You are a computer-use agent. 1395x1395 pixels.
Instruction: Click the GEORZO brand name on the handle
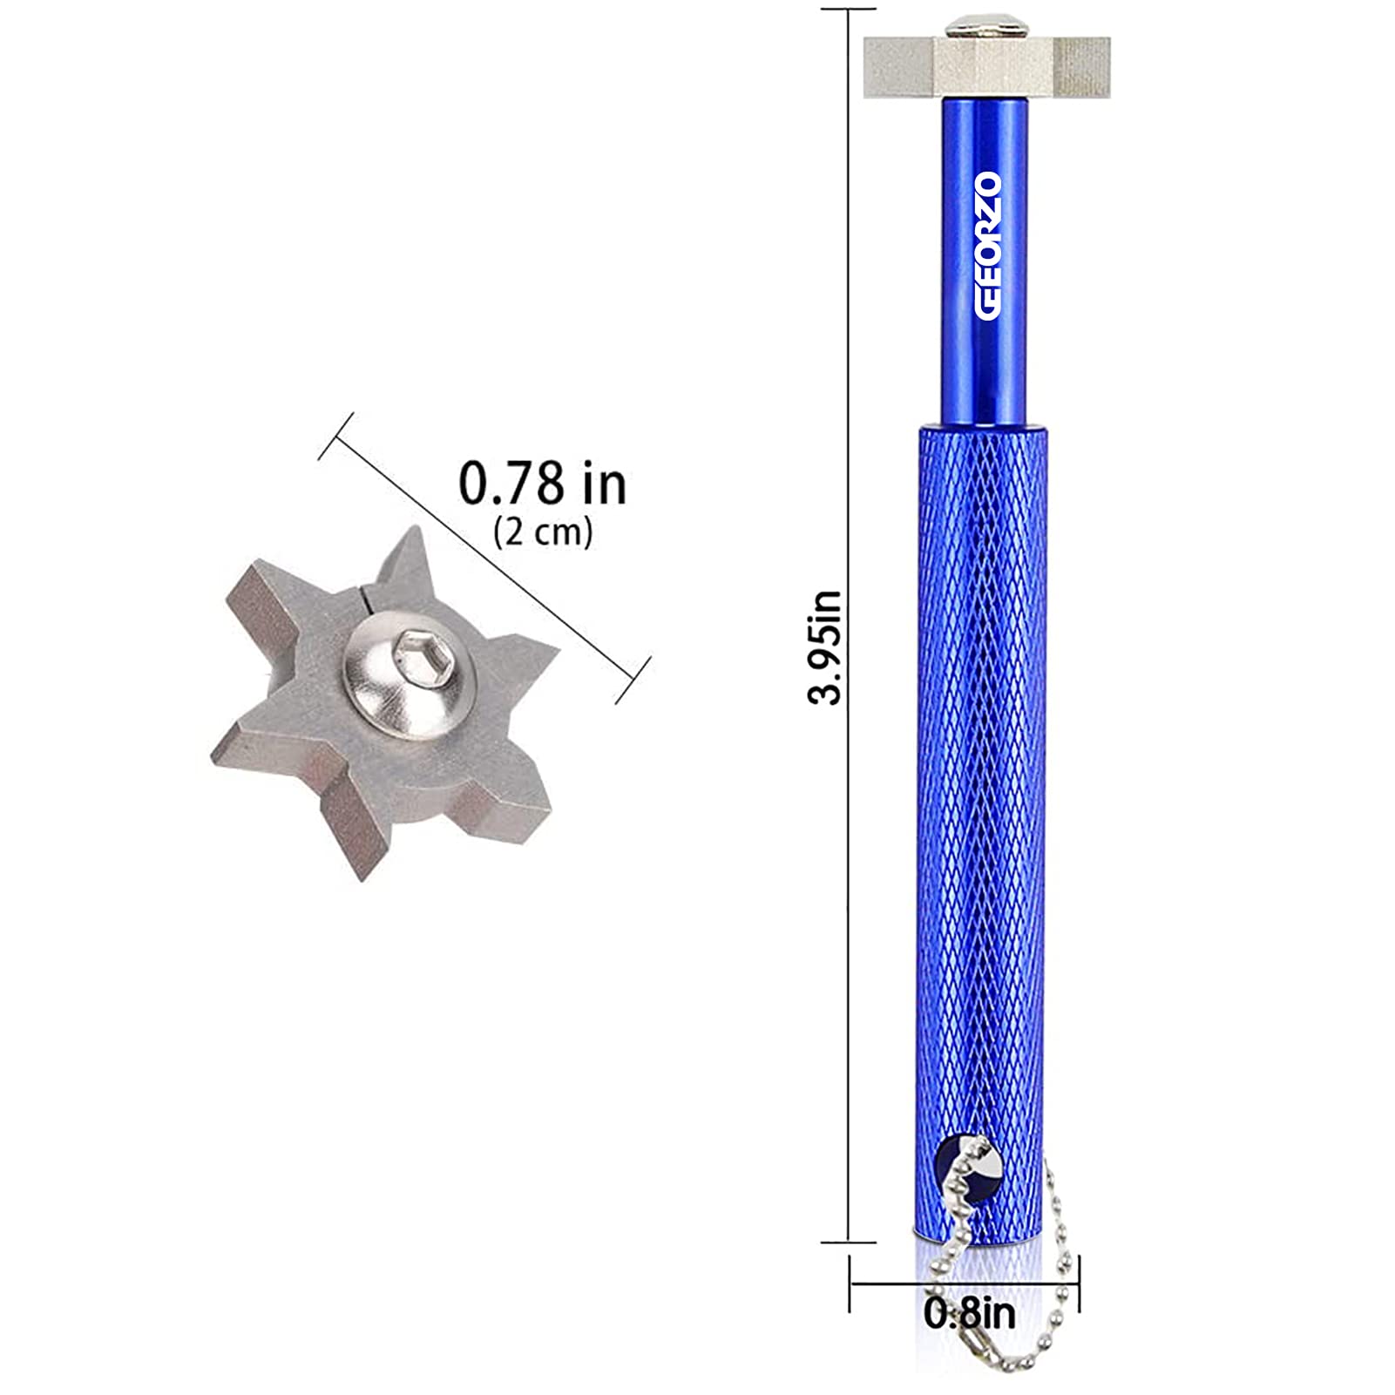click(987, 246)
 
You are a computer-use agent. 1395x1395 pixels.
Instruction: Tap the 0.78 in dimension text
click(542, 484)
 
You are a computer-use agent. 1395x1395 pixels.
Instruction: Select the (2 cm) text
click(543, 532)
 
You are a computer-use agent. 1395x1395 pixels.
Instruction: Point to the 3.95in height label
click(824, 647)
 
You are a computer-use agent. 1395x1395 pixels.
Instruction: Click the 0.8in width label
click(970, 1313)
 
